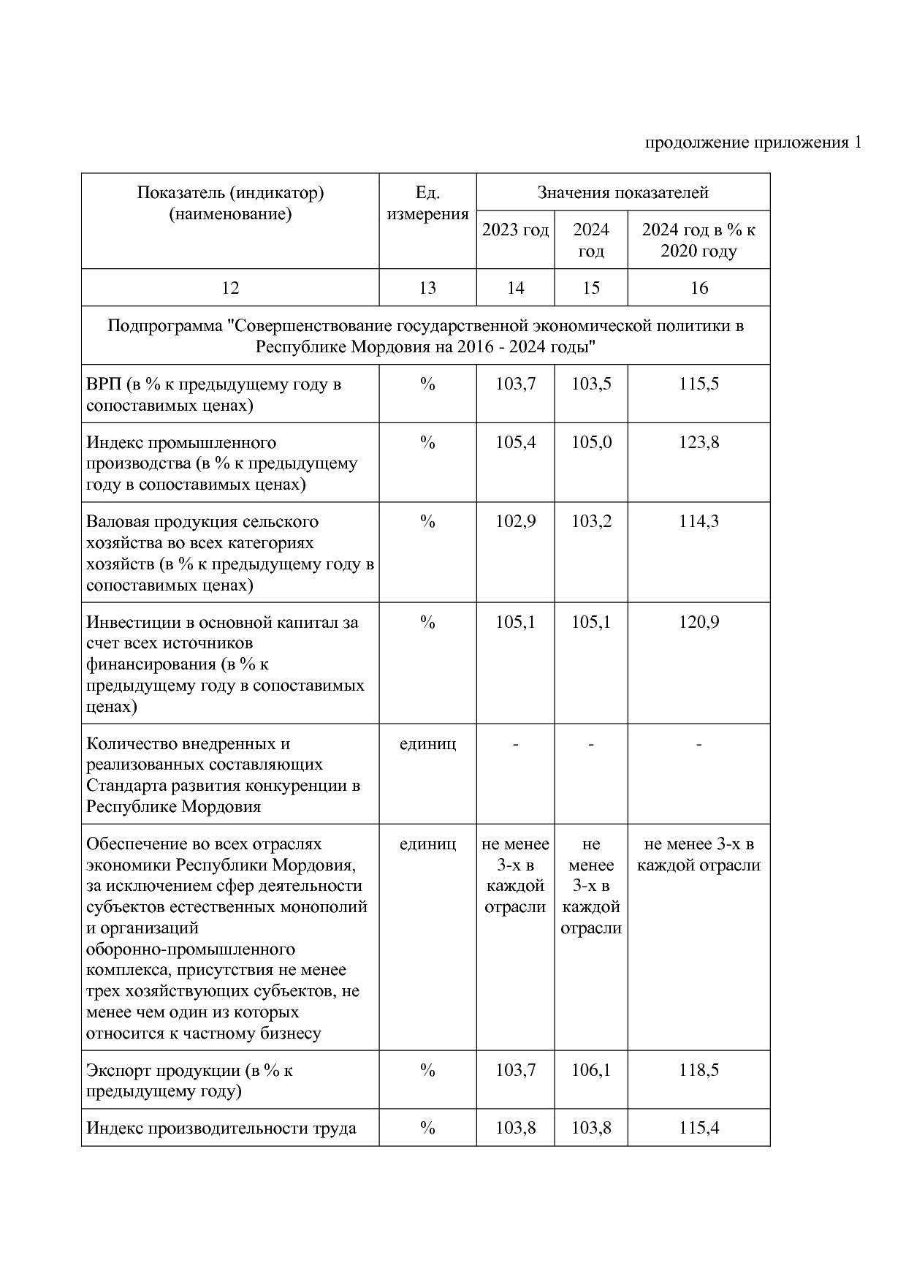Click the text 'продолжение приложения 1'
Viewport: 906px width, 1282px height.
click(753, 143)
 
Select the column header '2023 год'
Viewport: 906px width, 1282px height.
click(515, 230)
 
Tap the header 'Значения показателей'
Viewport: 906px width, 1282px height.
click(623, 193)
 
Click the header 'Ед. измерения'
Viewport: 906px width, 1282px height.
click(427, 204)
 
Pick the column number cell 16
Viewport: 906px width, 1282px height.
click(698, 288)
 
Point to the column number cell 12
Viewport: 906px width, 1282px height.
click(230, 288)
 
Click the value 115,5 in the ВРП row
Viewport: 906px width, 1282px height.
click(698, 384)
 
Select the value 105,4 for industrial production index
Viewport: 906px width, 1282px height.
click(515, 442)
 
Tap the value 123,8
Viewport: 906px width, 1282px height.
click(698, 442)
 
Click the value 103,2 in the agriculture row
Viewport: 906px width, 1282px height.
click(591, 521)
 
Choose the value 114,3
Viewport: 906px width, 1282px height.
click(698, 521)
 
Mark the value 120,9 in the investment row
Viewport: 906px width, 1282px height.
click(698, 622)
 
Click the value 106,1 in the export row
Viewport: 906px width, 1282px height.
click(591, 1070)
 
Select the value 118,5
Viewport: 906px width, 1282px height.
click(698, 1070)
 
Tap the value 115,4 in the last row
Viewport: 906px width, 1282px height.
click(698, 1128)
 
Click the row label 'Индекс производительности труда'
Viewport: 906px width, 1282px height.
click(221, 1128)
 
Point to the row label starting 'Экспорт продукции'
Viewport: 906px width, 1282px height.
click(189, 1080)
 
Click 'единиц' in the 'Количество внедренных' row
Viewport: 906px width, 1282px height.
click(427, 743)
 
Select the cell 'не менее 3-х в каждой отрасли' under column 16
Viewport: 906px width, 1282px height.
click(698, 854)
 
